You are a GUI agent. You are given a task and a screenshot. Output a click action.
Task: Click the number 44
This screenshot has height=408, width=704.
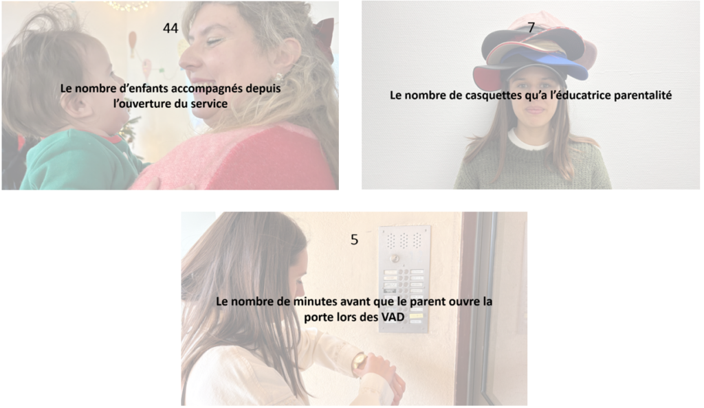(170, 28)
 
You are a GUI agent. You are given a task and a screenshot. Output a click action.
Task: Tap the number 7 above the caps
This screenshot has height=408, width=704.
(531, 27)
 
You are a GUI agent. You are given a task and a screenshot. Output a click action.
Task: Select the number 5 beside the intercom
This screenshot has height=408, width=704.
(354, 240)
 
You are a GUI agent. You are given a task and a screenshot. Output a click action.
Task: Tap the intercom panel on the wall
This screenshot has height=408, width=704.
(404, 278)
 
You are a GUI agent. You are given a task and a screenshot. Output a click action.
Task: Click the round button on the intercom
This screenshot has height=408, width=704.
(395, 258)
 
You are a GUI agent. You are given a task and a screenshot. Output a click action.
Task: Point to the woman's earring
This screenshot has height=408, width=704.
(279, 78)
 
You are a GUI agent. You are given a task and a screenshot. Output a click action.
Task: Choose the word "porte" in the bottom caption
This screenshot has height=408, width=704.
(318, 317)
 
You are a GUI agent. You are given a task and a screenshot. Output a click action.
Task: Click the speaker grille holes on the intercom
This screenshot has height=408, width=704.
(404, 240)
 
